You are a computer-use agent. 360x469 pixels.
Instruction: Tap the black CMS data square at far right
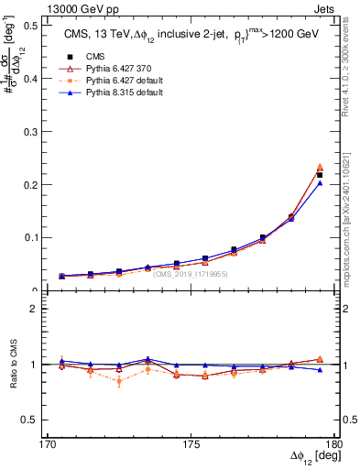pyautogui.click(x=320, y=175)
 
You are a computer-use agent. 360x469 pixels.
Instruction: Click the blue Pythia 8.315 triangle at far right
pyautogui.click(x=320, y=183)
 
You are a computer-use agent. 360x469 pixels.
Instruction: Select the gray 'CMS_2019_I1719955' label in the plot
pyautogui.click(x=190, y=273)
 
